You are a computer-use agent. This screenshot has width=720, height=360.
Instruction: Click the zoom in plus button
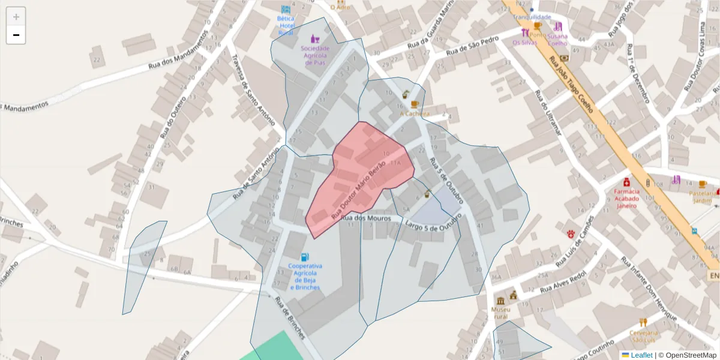(16, 17)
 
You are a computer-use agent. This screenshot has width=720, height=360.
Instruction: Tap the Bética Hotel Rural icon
(286, 10)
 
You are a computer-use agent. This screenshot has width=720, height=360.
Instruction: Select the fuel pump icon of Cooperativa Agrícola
(305, 257)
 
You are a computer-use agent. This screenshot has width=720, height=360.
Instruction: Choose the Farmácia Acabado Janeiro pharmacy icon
(626, 182)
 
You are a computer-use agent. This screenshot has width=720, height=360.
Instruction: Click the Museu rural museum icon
(500, 301)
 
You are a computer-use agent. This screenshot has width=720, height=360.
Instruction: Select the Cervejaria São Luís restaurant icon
(643, 322)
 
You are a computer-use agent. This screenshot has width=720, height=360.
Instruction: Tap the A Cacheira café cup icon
(415, 104)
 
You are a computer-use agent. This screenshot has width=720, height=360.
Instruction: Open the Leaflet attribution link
(641, 355)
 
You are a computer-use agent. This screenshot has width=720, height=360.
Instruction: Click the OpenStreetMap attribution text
(687, 355)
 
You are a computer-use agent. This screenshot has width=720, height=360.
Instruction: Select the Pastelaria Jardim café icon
(703, 184)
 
